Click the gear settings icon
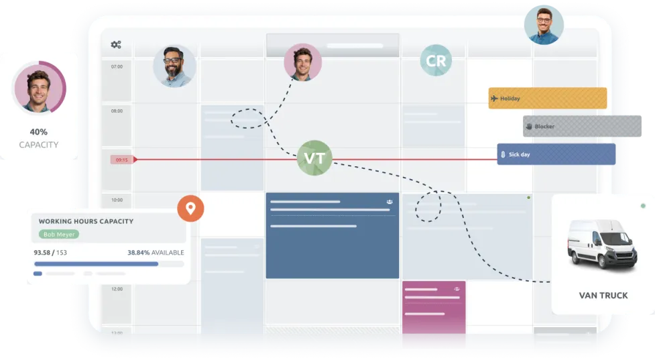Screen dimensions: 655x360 (116, 44)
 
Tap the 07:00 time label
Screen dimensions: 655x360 (117, 66)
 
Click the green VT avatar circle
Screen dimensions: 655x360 (314, 158)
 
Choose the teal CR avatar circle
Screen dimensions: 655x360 (436, 60)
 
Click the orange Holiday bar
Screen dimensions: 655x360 (548, 98)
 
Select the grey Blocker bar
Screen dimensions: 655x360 (582, 126)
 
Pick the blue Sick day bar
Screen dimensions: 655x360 (556, 154)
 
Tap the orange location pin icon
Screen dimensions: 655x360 (190, 208)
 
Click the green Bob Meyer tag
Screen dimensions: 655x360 (59, 234)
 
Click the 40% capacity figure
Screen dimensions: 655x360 (38, 132)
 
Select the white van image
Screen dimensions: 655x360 (602, 243)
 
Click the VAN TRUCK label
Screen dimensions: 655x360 (603, 296)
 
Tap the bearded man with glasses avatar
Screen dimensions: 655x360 (174, 66)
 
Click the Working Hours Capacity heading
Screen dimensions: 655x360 (86, 221)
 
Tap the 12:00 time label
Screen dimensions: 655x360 (117, 289)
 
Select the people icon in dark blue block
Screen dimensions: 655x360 (390, 202)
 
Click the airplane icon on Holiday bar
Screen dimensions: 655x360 (494, 99)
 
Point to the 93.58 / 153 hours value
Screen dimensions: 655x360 (50, 253)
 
